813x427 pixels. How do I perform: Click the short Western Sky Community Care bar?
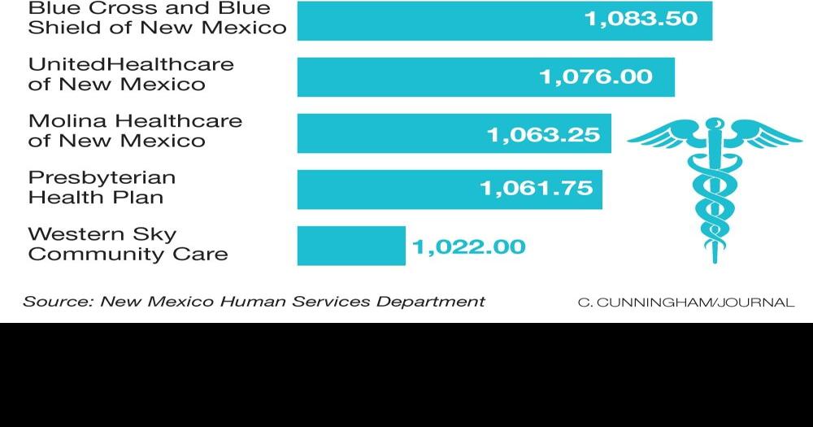(351, 246)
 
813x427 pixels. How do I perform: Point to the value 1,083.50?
(641, 19)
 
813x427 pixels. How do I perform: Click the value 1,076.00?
(596, 76)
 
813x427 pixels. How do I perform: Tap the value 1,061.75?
(537, 190)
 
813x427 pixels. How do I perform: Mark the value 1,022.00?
(469, 246)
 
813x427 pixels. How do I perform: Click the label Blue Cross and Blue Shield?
(157, 18)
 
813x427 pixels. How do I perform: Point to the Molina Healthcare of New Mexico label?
(135, 130)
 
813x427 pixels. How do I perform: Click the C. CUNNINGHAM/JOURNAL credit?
(685, 303)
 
